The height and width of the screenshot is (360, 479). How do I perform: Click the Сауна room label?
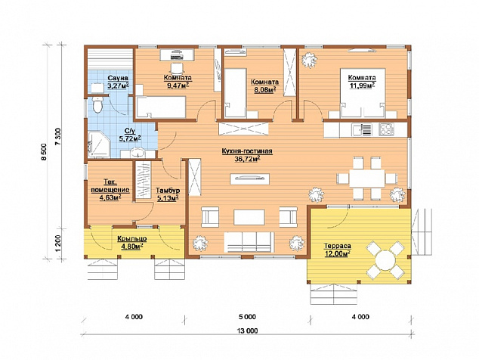[x=118, y=78]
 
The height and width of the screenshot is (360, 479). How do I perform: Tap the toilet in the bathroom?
[x=97, y=105]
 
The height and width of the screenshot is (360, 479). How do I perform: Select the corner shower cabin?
[x=98, y=144]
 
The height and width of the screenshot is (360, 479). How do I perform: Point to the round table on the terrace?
[x=385, y=260]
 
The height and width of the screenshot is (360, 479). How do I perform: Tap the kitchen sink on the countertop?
[x=361, y=129]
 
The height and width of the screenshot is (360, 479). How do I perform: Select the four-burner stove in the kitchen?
[x=386, y=129]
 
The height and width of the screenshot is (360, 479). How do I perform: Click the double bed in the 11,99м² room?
[x=363, y=93]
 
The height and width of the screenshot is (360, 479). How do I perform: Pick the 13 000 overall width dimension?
[x=248, y=331]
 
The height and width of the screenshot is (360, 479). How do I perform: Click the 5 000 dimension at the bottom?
[x=248, y=317]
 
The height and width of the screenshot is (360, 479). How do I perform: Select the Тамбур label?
[x=168, y=191]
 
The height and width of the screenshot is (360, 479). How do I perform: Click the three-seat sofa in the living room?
[x=249, y=242]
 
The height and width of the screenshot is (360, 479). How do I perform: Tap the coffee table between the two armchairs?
[x=249, y=217]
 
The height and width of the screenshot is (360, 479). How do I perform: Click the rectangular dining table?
[x=367, y=178]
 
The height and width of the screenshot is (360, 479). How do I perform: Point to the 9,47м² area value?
[x=178, y=85]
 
